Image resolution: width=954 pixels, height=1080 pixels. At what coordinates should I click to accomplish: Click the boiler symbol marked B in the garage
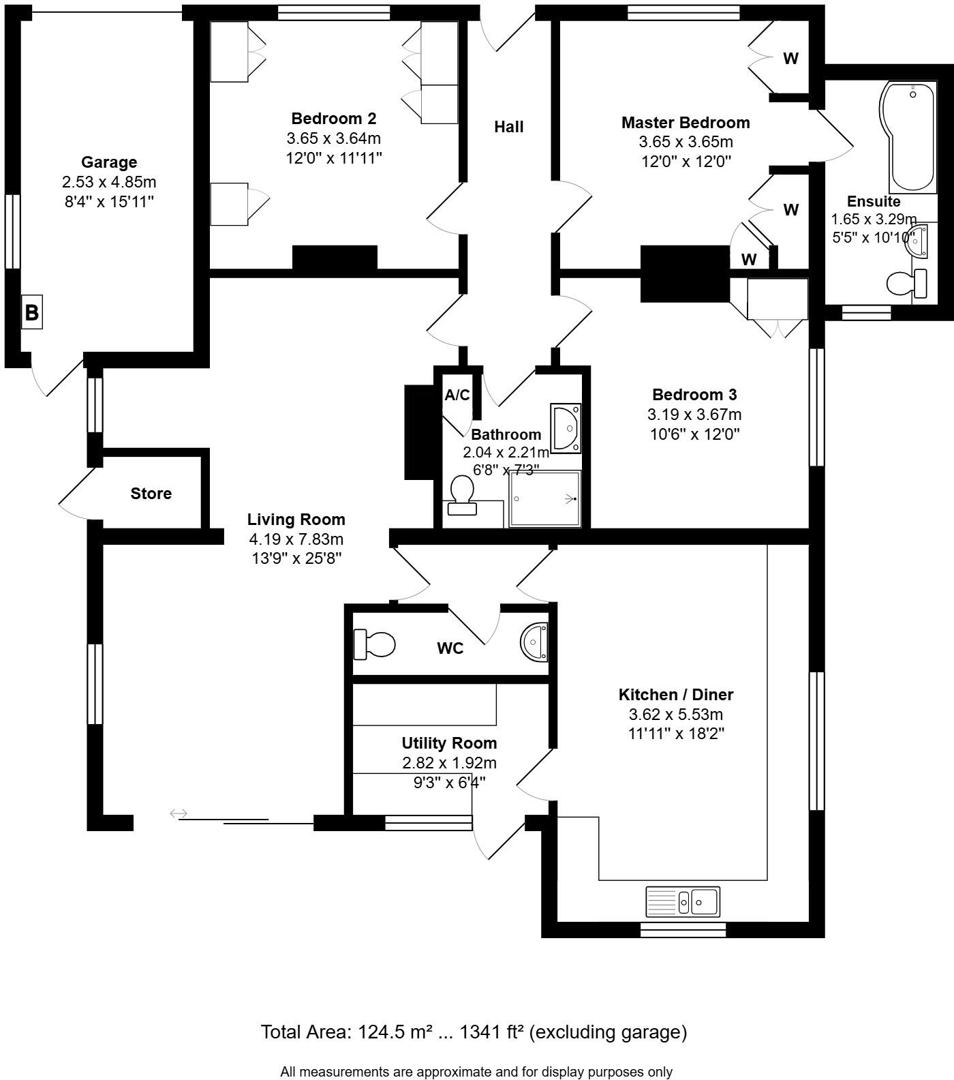pos(32,313)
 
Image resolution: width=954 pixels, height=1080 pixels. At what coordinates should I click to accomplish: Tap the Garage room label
pos(109,162)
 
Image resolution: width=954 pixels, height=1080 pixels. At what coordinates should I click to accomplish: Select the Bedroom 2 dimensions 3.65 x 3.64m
pos(333,138)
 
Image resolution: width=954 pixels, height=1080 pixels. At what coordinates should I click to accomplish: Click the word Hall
pos(509,127)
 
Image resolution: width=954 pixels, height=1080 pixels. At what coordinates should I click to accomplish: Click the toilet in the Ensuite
pos(907,283)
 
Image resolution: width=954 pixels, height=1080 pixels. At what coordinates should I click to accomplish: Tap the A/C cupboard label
pos(457,395)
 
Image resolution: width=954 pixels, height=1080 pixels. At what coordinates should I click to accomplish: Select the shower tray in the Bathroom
pos(545,498)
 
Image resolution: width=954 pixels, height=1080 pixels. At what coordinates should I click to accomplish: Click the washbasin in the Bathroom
pos(566,428)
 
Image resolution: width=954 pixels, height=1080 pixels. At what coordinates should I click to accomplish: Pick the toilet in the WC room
pos(375,644)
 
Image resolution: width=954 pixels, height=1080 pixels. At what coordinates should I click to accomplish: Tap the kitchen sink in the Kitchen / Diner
pos(683,901)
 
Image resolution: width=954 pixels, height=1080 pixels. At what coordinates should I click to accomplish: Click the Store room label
pos(151,494)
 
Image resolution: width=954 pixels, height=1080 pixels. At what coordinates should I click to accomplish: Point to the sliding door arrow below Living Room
pos(179,813)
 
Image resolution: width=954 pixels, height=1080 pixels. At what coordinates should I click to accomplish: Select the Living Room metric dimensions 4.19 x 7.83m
pos(296,539)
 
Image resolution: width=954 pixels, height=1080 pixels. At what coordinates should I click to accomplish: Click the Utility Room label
pos(449,743)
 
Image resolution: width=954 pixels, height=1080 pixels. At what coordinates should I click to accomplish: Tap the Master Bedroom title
pos(686,123)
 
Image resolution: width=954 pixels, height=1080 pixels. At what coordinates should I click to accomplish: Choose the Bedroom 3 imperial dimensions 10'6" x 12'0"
pos(694,434)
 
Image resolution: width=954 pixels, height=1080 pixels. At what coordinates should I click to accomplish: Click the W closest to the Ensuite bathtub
pos(790,59)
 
